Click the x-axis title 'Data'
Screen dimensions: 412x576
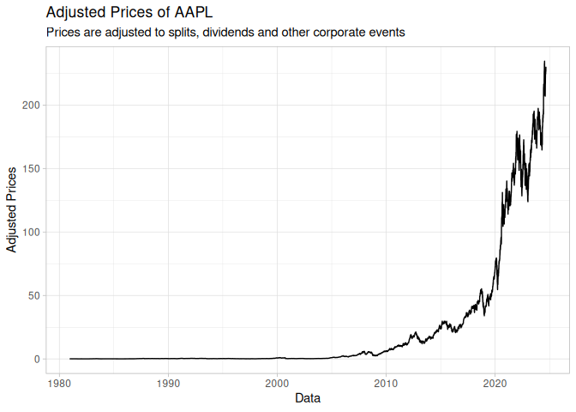(308, 398)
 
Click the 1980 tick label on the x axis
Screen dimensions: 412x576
(59, 382)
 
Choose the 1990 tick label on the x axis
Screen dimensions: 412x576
(168, 382)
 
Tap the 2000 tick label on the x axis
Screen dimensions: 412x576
(277, 382)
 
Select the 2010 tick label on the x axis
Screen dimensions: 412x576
(387, 382)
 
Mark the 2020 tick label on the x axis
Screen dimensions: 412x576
(495, 382)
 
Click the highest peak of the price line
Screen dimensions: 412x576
(544, 62)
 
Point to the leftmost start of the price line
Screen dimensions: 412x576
(70, 359)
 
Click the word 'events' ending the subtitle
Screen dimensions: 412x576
(385, 33)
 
